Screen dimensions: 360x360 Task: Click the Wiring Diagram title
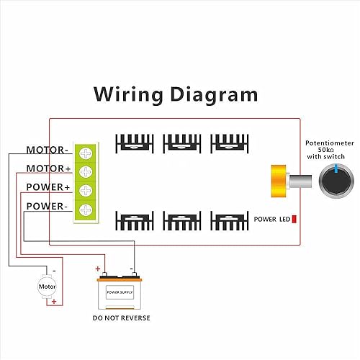175,94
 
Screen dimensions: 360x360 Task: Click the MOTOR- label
48,150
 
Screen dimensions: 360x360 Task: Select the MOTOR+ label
48,169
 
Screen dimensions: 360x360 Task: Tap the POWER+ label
48,188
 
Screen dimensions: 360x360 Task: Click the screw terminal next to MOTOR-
86,153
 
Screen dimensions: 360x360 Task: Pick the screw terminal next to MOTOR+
86,171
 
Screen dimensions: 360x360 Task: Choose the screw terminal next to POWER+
86,189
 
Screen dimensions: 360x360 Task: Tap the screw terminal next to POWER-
86,208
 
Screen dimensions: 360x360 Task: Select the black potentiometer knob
333,179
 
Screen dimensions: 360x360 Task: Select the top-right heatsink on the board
228,142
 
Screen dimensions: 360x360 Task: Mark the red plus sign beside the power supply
98,268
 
